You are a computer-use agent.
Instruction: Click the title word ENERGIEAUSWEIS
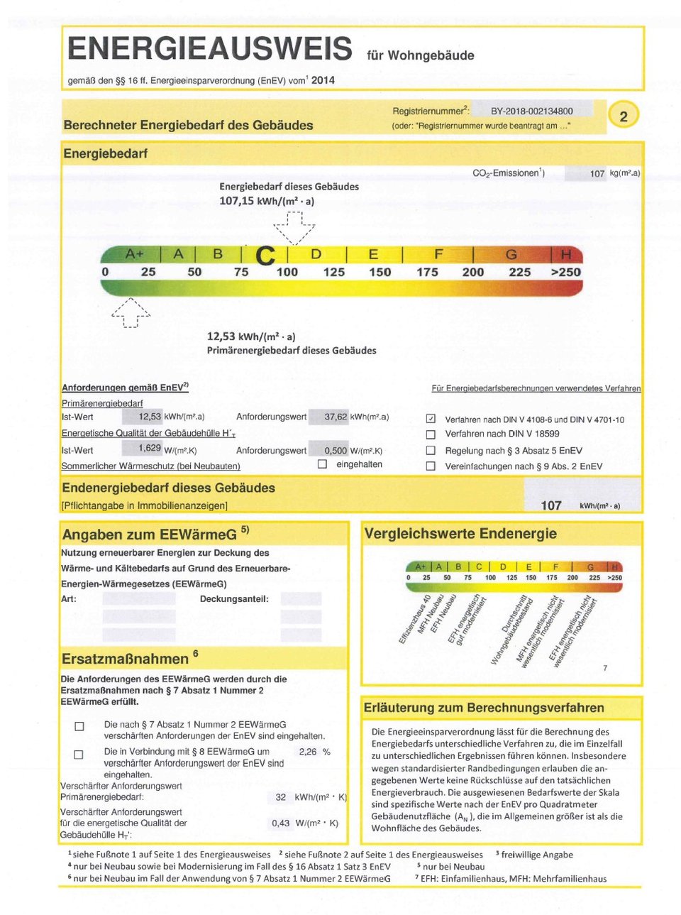pyautogui.click(x=209, y=49)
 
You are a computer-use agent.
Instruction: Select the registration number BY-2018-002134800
pyautogui.click(x=531, y=111)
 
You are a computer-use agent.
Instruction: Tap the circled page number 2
pyautogui.click(x=624, y=116)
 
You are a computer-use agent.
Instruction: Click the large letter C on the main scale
pyautogui.click(x=265, y=256)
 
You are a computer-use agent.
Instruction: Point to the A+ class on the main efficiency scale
pyautogui.click(x=134, y=254)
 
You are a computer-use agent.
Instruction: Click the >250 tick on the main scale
pyautogui.click(x=565, y=273)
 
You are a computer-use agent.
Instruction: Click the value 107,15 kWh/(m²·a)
pyautogui.click(x=267, y=201)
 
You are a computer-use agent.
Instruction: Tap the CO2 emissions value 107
pyautogui.click(x=597, y=173)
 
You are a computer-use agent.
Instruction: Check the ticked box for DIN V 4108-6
pyautogui.click(x=431, y=419)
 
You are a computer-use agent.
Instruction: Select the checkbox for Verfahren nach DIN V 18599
pyautogui.click(x=431, y=434)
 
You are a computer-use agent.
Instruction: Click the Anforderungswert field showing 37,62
pyautogui.click(x=336, y=417)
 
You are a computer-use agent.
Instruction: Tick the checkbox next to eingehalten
pyautogui.click(x=322, y=464)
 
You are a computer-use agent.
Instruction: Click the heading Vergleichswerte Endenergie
pyautogui.click(x=460, y=534)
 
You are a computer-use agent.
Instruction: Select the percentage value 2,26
pyautogui.click(x=308, y=752)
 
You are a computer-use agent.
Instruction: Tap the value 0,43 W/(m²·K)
pyautogui.click(x=280, y=823)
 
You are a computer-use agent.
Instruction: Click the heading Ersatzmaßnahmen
pyautogui.click(x=125, y=659)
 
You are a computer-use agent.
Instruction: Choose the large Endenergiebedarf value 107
pyautogui.click(x=551, y=505)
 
